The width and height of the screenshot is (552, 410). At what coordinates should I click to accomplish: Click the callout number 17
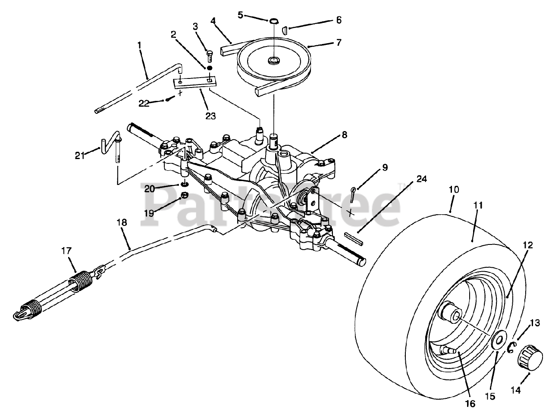[66, 251]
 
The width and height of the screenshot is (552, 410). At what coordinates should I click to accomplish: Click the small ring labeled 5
[274, 21]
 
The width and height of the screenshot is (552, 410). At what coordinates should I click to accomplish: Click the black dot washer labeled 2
[210, 68]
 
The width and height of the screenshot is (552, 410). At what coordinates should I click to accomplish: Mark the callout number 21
[79, 156]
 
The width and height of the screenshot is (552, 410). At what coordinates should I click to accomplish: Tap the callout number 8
[344, 135]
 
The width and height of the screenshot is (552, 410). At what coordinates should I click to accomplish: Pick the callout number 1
[139, 44]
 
